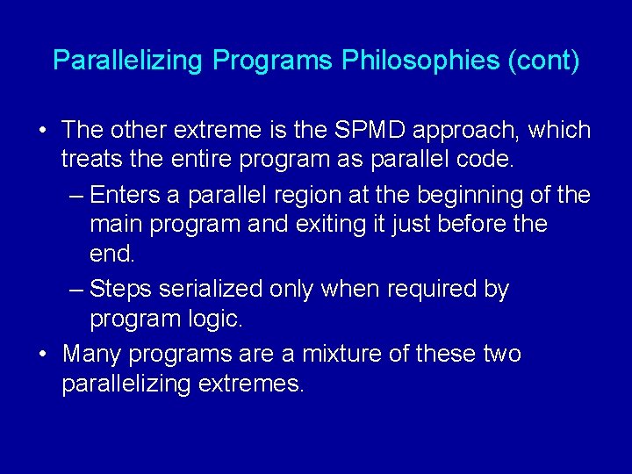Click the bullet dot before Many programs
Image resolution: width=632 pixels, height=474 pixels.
coord(42,354)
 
